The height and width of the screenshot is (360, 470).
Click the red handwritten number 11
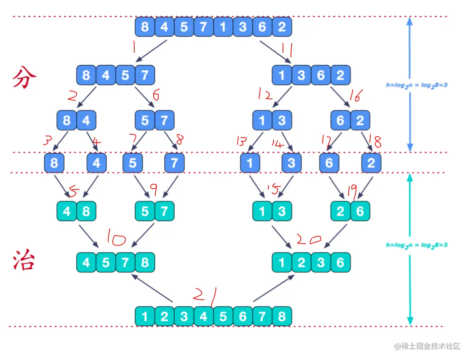point(287,51)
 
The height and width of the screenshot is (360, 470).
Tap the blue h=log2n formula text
point(416,85)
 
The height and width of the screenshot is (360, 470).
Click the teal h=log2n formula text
point(416,245)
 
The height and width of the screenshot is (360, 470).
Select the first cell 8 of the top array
point(145,27)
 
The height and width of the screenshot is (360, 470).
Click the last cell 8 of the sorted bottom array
point(282,317)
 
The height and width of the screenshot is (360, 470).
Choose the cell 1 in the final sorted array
point(145,317)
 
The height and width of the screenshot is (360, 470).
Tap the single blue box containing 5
point(133,163)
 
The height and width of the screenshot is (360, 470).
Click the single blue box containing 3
point(292,163)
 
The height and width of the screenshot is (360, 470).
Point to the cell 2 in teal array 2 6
point(341,212)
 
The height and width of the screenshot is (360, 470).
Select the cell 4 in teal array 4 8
point(67,212)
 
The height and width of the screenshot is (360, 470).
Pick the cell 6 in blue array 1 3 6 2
point(321,75)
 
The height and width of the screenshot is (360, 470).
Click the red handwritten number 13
point(241,142)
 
